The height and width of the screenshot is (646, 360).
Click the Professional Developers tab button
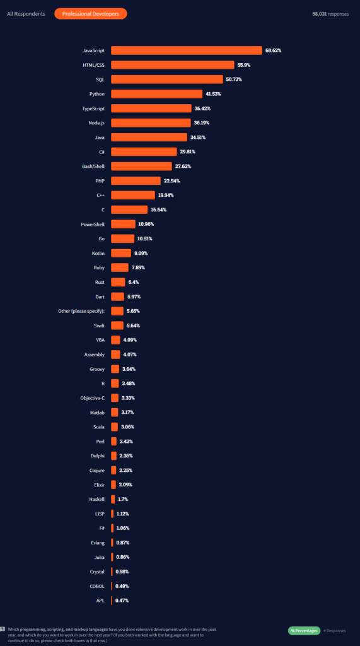[x=91, y=14]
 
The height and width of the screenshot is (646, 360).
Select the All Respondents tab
[x=26, y=14]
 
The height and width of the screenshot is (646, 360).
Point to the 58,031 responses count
[x=330, y=14]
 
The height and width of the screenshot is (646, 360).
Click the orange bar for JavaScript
[x=187, y=50]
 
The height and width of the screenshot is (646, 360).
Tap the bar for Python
[x=156, y=94]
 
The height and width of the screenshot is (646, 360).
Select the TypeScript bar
[x=151, y=109]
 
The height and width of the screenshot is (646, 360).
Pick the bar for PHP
[x=136, y=181]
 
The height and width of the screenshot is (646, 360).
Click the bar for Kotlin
[x=121, y=253]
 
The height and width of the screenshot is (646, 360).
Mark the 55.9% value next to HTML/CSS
[x=244, y=65]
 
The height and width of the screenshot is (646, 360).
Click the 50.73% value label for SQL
[x=234, y=79]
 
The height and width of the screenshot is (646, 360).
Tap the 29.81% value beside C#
[x=187, y=152]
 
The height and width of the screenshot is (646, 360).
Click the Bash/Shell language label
[x=93, y=167]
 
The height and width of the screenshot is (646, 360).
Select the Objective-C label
[x=92, y=398]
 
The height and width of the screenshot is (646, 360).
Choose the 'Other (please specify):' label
[x=81, y=311]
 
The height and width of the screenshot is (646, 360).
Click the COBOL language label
[x=97, y=586]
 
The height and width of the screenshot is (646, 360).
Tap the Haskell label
[x=97, y=500]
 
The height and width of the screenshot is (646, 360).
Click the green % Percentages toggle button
[x=304, y=630]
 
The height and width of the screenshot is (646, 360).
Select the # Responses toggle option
[x=334, y=631]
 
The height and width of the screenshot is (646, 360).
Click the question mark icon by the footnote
[x=3, y=630]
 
